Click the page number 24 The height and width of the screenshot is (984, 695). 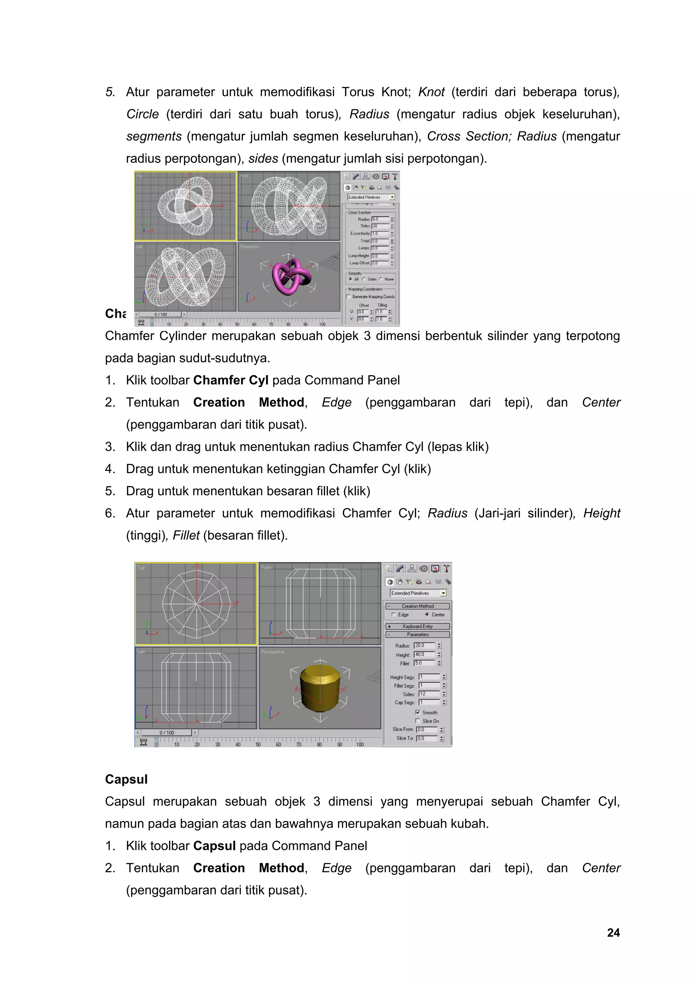coord(613,933)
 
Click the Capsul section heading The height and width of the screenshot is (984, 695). coord(126,779)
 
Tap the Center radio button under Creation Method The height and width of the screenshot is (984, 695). coord(427,615)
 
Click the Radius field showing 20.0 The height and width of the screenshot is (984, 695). coord(424,645)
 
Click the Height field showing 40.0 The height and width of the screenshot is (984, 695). coord(424,654)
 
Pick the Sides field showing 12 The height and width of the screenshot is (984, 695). coord(429,694)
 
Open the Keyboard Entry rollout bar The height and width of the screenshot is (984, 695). coord(417,626)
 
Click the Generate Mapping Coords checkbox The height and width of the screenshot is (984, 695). coord(349,296)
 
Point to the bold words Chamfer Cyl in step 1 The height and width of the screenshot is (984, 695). coord(230,380)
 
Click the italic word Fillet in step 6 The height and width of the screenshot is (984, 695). coord(186,535)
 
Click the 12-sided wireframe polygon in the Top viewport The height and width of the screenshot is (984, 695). coord(196,604)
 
